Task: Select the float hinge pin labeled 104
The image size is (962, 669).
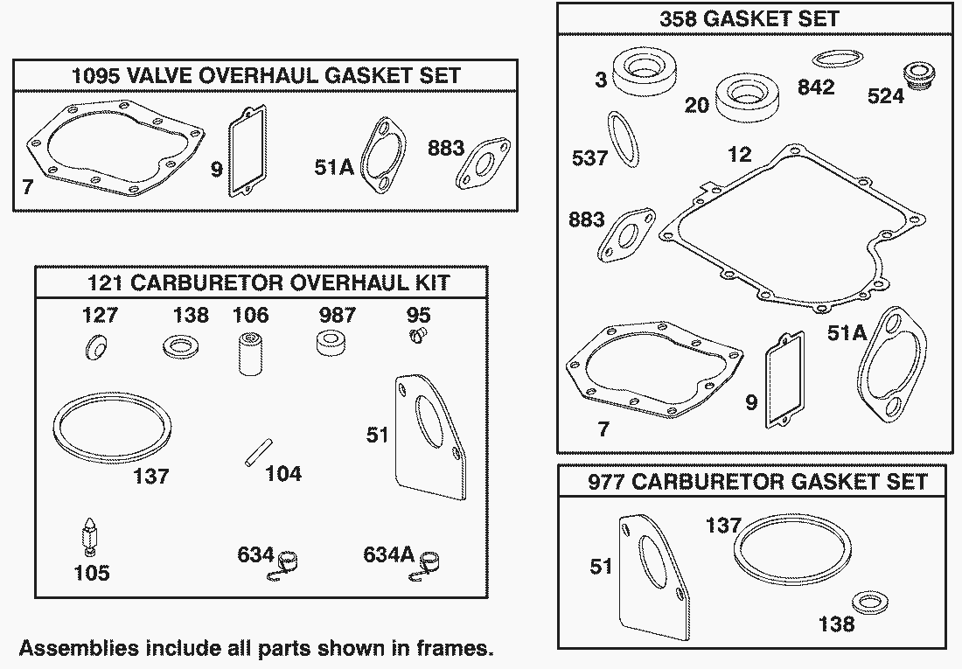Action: tap(258, 452)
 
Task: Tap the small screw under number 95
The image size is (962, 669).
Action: tap(418, 334)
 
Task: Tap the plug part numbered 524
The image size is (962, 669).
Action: tap(917, 77)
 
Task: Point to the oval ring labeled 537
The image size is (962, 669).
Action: tap(624, 139)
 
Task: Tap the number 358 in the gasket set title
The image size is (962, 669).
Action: tap(678, 18)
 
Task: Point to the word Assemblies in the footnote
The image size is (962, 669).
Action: tap(69, 648)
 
